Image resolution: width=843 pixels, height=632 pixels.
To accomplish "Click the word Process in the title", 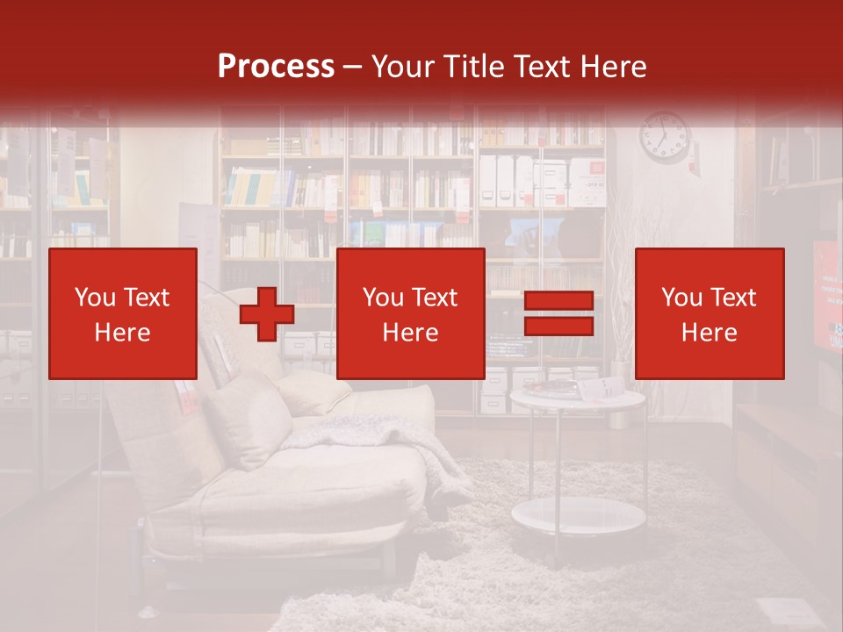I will point(276,67).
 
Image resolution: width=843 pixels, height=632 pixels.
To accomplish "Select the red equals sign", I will point(558,313).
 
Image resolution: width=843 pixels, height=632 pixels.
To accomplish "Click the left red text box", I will point(123,313).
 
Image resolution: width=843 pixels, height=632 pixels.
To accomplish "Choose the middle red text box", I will point(410,313).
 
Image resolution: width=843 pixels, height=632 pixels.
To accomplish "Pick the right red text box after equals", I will point(710,313).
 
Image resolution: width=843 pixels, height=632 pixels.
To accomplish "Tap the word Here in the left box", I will point(123,333).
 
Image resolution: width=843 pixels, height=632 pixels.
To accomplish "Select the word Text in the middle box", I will point(436,298).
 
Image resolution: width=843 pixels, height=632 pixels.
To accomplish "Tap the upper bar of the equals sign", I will point(558,301).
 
